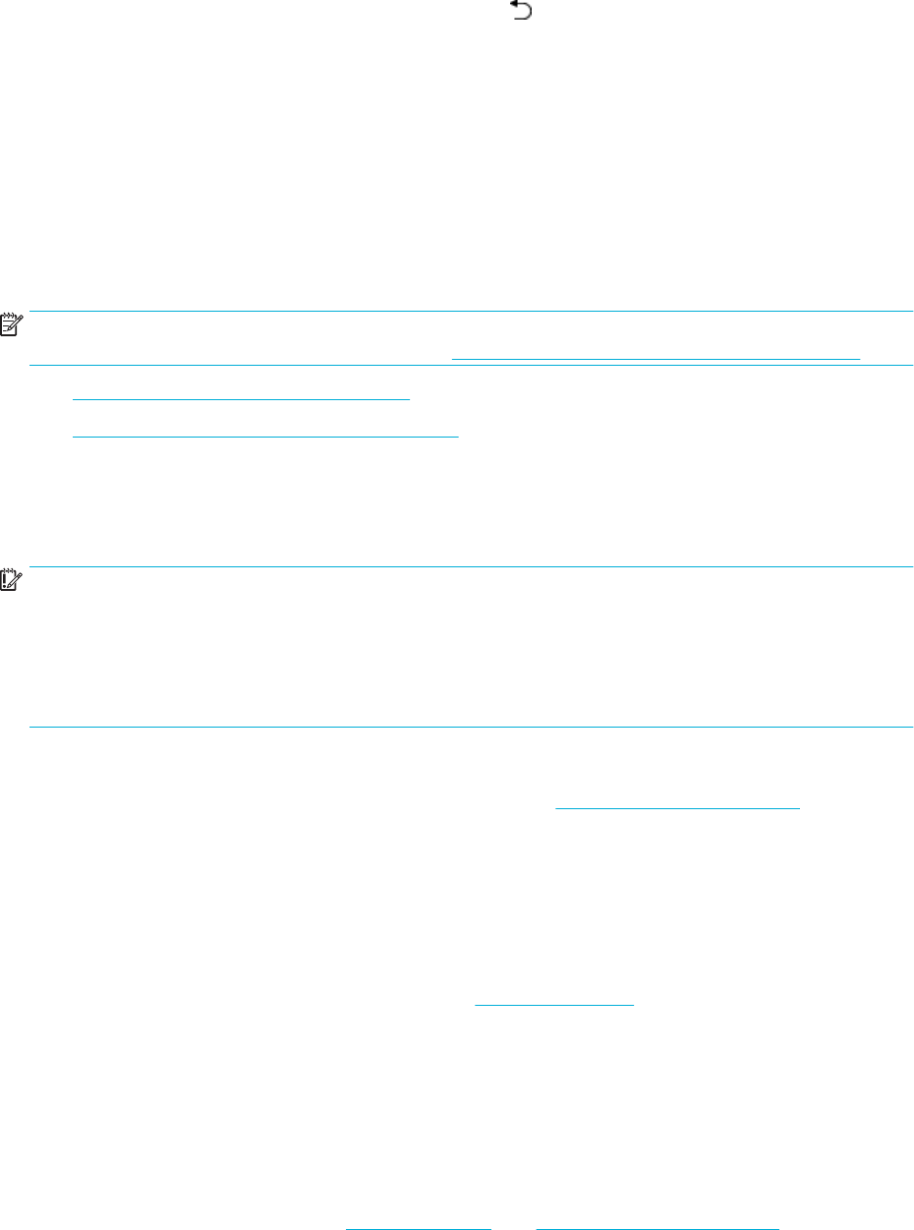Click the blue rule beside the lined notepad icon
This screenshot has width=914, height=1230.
pyautogui.click(x=472, y=312)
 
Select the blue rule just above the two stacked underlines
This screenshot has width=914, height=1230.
pyautogui.click(x=472, y=366)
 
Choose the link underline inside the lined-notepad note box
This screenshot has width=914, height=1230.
pyautogui.click(x=656, y=359)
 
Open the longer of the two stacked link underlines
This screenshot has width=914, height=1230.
pyautogui.click(x=265, y=433)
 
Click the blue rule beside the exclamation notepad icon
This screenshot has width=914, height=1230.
pyautogui.click(x=472, y=566)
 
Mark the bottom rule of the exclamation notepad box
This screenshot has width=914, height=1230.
pyautogui.click(x=472, y=728)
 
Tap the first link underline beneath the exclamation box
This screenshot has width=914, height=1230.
pyautogui.click(x=678, y=808)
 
